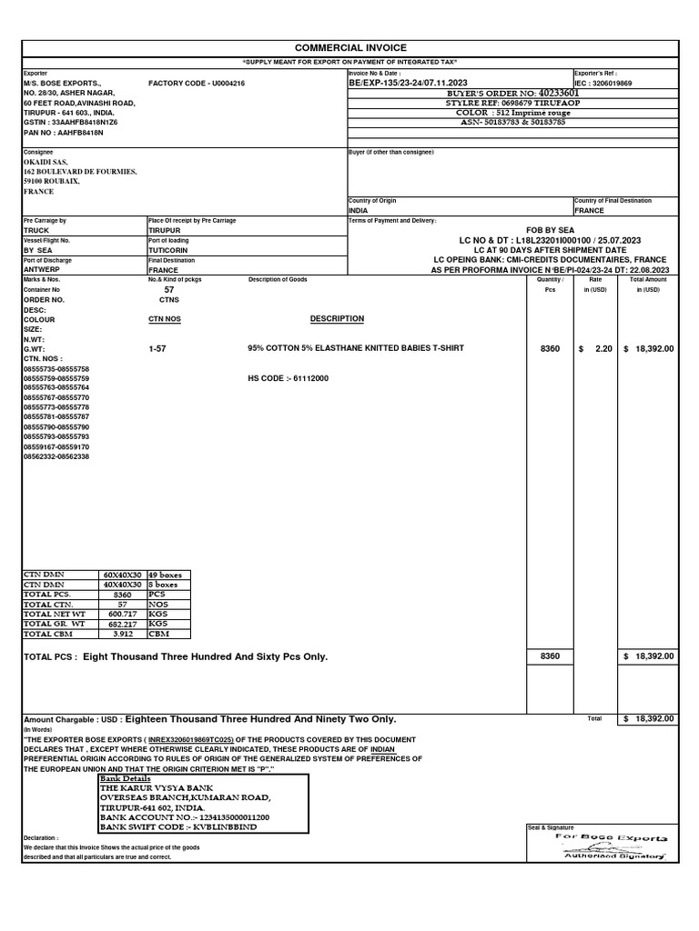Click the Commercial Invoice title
click(x=350, y=47)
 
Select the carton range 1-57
click(x=157, y=348)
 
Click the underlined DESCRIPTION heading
click(x=337, y=319)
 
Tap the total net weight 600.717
click(x=121, y=614)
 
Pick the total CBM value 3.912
click(x=121, y=634)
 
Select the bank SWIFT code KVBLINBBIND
click(x=221, y=827)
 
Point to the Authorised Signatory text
click(x=615, y=856)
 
